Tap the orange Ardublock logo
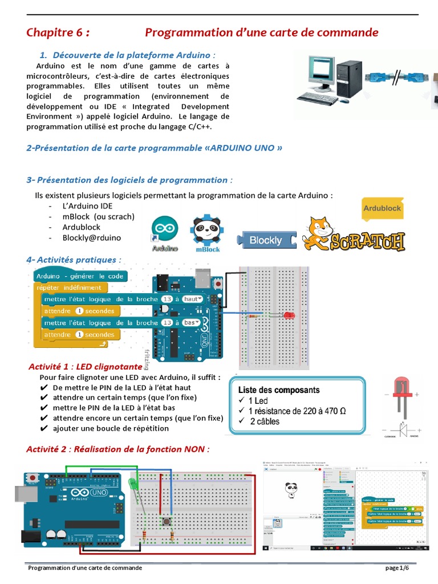coord(382,208)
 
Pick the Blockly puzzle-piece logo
coord(266,240)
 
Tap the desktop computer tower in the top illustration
coord(348,78)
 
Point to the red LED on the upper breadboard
coord(287,314)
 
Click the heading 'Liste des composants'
coord(278,391)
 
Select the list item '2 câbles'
coord(263,421)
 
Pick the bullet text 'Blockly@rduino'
coord(92,238)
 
